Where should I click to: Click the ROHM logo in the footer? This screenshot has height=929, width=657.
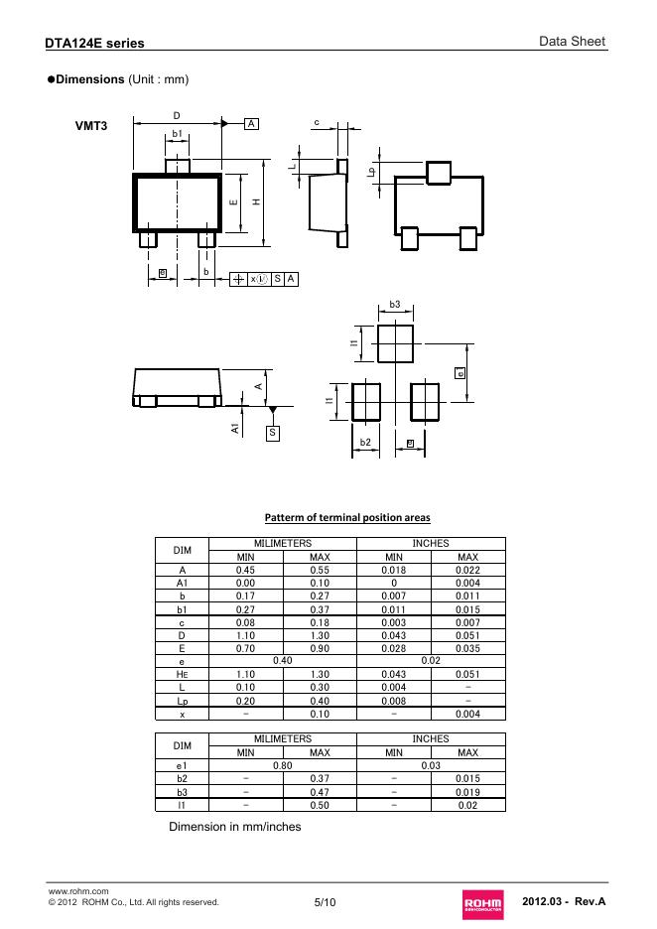[483, 903]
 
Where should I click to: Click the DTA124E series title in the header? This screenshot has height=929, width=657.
[95, 44]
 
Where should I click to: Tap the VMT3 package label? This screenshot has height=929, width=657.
[91, 126]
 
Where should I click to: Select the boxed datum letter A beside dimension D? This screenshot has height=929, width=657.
[251, 124]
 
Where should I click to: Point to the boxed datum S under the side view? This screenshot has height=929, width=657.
[273, 433]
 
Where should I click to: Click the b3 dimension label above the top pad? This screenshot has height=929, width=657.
[395, 305]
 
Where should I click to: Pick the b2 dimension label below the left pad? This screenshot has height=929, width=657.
[365, 442]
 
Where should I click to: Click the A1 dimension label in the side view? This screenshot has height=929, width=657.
[235, 428]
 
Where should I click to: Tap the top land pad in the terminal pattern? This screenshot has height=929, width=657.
[395, 343]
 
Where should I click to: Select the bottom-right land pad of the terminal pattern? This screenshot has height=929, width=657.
[425, 402]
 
